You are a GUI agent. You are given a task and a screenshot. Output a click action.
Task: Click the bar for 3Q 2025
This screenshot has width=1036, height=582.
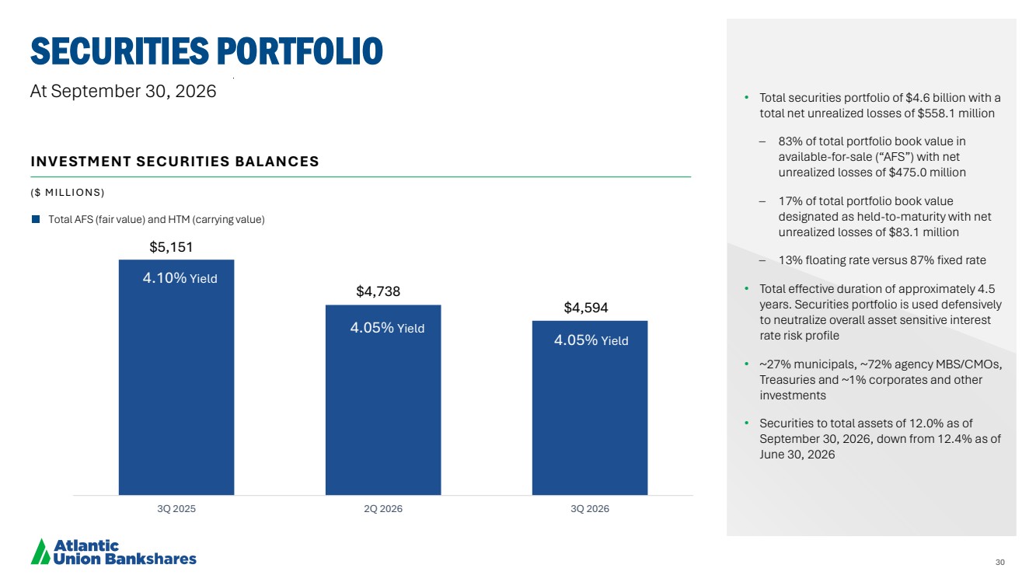click(x=176, y=377)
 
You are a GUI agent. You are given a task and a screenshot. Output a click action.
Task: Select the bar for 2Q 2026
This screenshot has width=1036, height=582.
click(x=383, y=400)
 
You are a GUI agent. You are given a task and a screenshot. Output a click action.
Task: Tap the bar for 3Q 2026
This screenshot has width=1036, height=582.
click(x=590, y=408)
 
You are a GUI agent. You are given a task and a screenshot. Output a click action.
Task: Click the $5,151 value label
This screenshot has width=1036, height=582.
click(x=171, y=247)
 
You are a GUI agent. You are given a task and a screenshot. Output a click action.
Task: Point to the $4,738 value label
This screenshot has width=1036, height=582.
click(x=378, y=291)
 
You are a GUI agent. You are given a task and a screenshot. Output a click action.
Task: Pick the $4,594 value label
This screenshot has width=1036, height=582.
click(x=585, y=308)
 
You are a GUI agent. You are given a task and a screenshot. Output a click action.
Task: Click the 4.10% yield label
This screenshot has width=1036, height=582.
click(x=180, y=278)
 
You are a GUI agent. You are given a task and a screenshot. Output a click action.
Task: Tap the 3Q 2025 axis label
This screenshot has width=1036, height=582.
click(x=176, y=509)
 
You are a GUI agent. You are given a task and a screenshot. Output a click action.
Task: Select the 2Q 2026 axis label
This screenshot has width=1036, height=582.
click(x=383, y=509)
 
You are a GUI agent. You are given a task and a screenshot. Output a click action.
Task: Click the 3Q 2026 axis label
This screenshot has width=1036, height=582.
click(x=590, y=509)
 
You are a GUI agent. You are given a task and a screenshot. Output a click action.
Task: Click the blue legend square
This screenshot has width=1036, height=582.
click(x=36, y=219)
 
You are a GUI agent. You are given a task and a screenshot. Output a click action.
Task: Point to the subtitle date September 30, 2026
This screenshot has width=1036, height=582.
click(x=133, y=92)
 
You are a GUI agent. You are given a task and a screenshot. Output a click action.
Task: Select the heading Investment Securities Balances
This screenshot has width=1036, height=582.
click(x=175, y=162)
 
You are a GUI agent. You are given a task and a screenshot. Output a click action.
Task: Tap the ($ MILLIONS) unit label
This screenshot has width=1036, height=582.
click(x=68, y=192)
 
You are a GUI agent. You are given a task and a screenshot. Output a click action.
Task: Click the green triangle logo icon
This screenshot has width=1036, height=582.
click(x=40, y=552)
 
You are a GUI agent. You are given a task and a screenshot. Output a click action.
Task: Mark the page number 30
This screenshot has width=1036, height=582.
click(x=1000, y=562)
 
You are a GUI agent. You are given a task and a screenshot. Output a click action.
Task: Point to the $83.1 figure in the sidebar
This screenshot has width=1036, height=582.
click(x=904, y=232)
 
